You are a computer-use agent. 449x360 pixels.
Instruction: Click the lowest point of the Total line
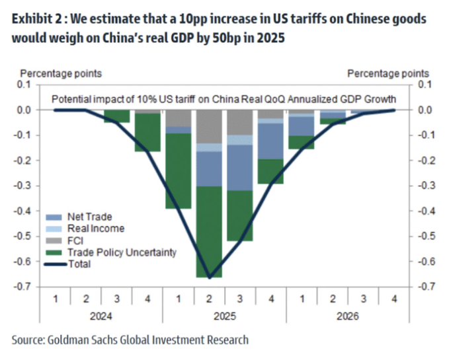(209, 277)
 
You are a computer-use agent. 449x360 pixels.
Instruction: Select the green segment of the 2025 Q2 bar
(209, 231)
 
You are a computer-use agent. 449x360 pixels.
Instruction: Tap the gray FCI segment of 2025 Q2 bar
(209, 126)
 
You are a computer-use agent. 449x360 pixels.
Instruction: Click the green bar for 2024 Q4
(148, 132)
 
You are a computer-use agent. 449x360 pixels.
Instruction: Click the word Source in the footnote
(30, 340)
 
